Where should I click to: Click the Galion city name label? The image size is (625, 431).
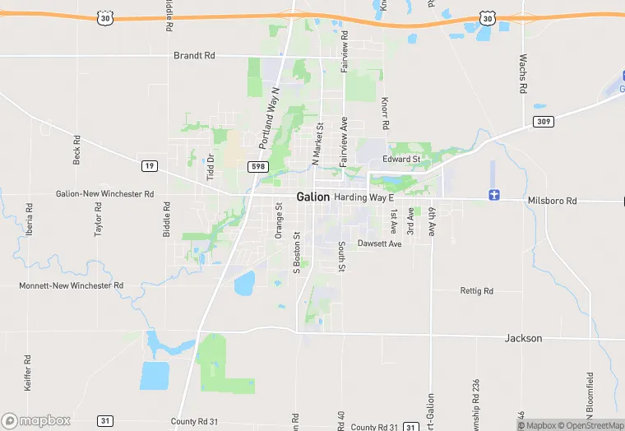(x=312, y=197)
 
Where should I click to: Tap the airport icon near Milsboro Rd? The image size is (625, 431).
(x=493, y=195)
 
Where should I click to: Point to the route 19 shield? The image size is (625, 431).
(x=149, y=166)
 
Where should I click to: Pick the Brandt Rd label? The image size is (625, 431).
(x=194, y=56)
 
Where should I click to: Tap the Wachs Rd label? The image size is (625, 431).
(x=522, y=73)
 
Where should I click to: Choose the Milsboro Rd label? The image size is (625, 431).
(x=553, y=201)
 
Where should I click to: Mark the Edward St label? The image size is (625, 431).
(x=401, y=159)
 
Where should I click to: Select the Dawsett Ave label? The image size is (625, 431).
(x=379, y=243)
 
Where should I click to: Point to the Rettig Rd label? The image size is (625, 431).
(x=477, y=291)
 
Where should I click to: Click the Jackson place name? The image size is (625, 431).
(x=523, y=338)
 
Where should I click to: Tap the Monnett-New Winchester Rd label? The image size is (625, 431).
(x=71, y=285)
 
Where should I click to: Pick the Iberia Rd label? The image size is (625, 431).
(x=30, y=220)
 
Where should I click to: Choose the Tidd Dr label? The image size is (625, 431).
(x=211, y=168)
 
